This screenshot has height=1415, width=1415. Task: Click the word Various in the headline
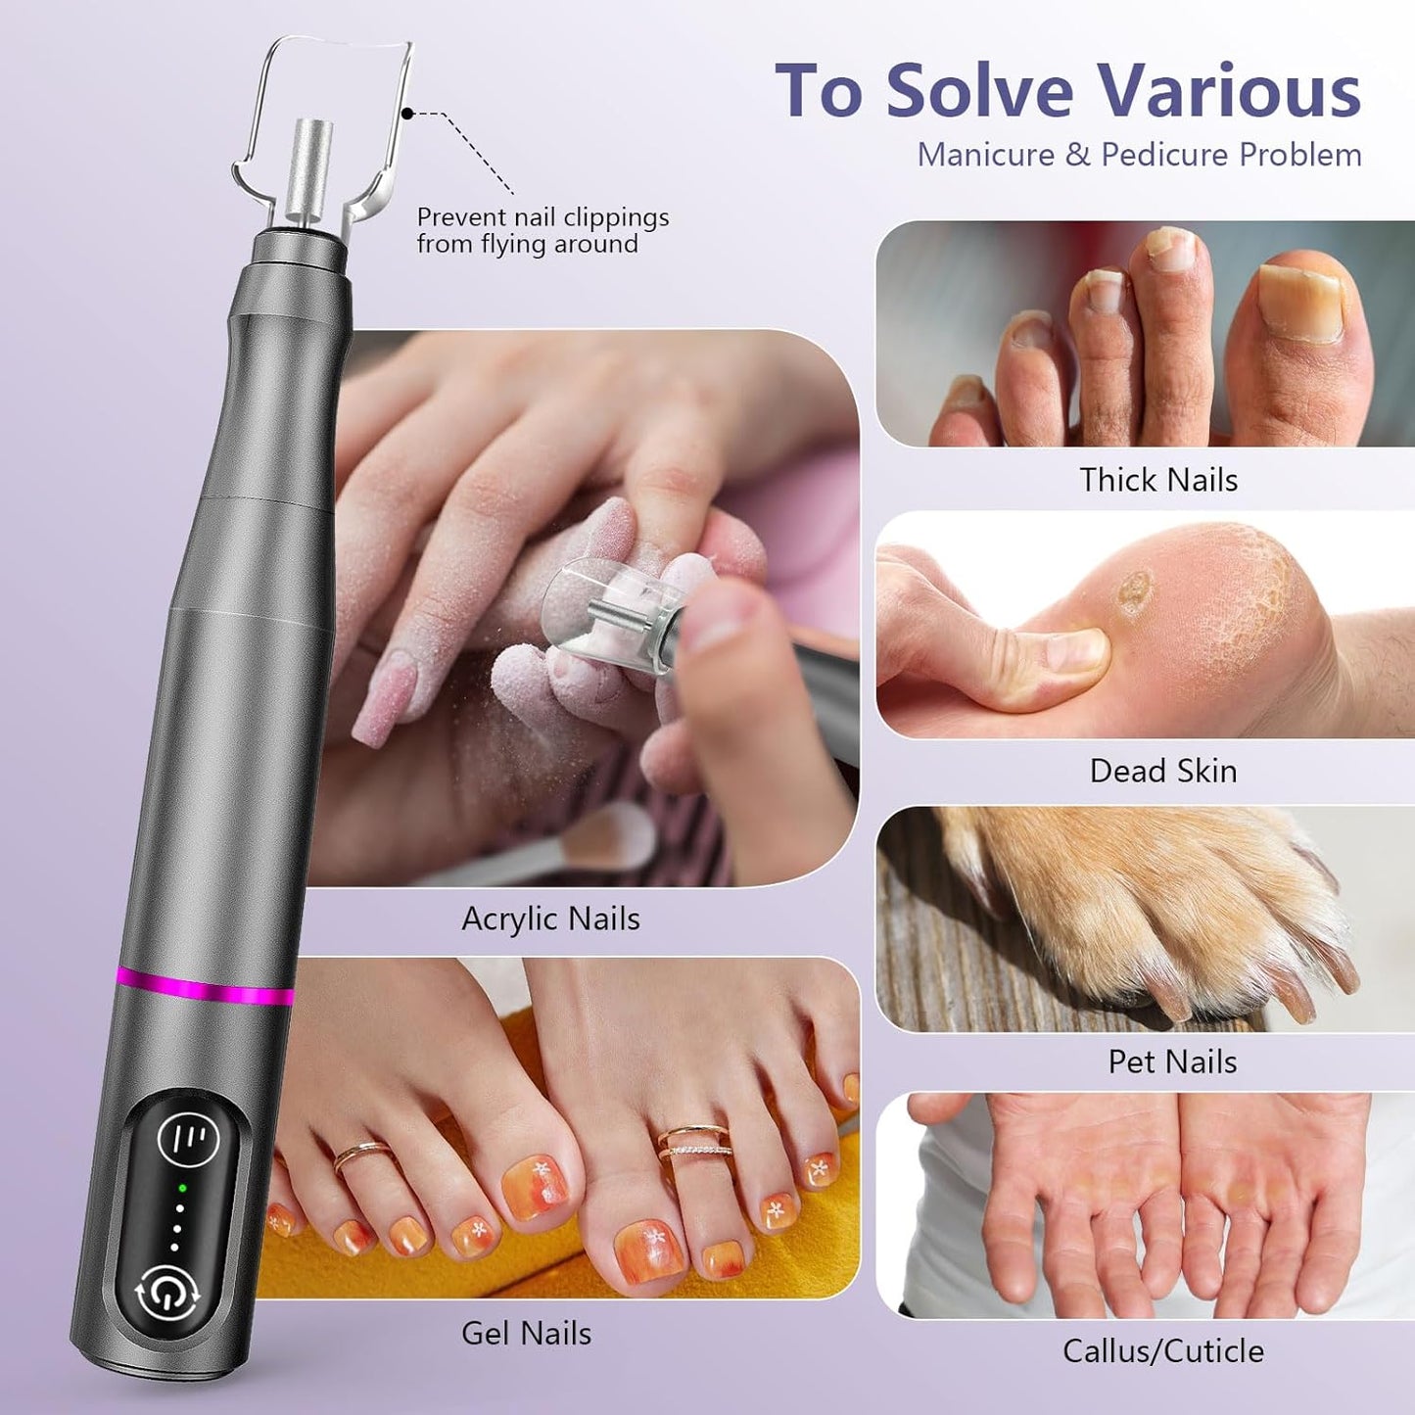point(1228,91)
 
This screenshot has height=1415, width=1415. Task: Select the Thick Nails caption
point(1158,480)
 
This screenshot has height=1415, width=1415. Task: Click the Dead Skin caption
point(1163,771)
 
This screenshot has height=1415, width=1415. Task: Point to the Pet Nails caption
point(1172,1061)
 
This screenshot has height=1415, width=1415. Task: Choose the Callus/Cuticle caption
point(1163,1351)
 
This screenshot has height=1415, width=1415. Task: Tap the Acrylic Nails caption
point(550,919)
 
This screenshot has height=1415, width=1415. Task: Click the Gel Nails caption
point(526,1333)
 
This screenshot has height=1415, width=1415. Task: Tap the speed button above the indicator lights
point(188,1139)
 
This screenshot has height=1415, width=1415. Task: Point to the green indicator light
point(182,1189)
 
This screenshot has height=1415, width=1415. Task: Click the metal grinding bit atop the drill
point(312,172)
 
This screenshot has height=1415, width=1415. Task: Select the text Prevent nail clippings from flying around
point(542,230)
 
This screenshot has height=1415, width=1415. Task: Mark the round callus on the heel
point(1135,592)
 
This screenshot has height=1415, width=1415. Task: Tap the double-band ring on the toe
point(695,1142)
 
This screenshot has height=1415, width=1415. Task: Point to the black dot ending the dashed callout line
point(408,114)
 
